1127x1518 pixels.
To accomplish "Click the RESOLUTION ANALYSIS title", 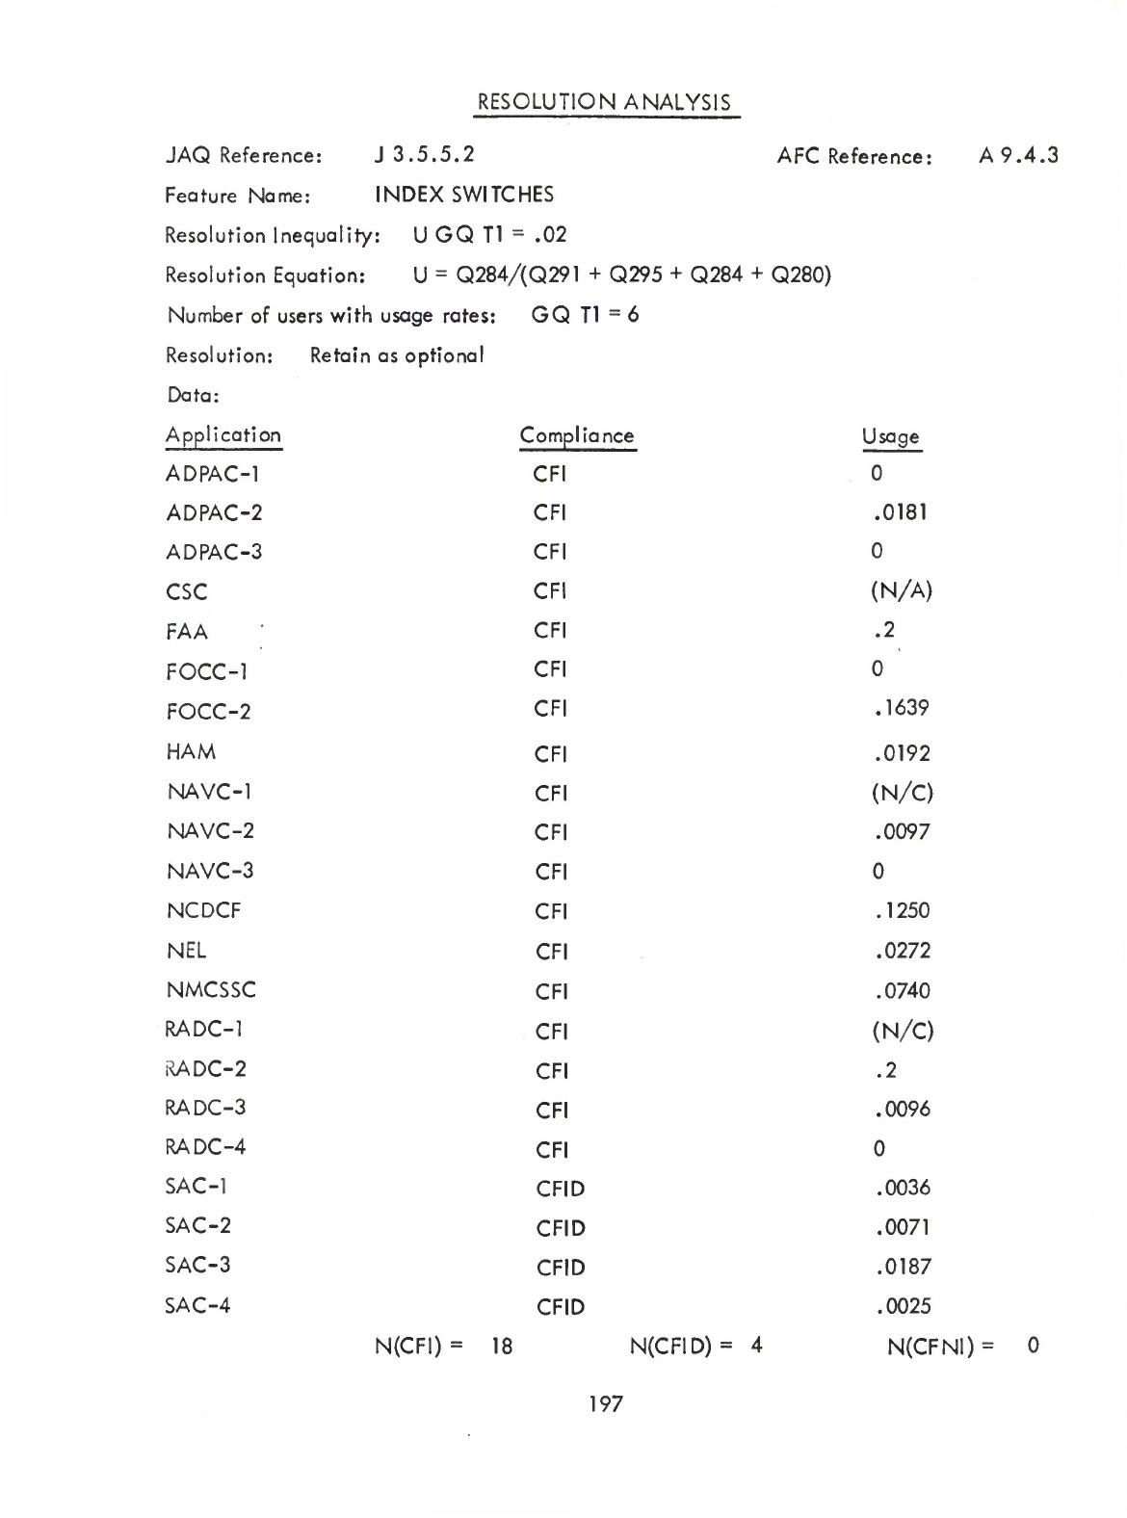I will coord(605,102).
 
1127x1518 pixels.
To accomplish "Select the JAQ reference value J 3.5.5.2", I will coord(425,154).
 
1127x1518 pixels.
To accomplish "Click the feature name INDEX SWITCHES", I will coord(464,195).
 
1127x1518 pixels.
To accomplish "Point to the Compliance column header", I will coord(577,435).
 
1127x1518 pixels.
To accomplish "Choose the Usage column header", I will coord(891,437).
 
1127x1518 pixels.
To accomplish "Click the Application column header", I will coord(223,434).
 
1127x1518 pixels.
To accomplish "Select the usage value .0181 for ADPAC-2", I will coord(900,512).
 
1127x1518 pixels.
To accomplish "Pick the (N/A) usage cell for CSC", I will coord(902,590).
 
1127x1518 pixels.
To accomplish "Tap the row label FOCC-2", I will coord(209,712).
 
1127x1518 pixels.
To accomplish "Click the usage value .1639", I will coord(902,708).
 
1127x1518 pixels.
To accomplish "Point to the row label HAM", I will coord(191,751).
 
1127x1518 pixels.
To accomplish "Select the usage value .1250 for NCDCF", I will coord(902,910).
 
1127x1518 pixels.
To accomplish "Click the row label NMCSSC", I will coord(211,989).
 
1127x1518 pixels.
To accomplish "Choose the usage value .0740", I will coord(903,990).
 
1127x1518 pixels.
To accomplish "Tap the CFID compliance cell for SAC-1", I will coord(561,1189).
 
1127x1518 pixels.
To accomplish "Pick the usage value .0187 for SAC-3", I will coord(903,1267).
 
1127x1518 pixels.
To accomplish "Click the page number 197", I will coord(606,1404).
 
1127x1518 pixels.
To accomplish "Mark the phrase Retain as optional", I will coord(397,355).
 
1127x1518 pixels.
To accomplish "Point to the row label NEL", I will coord(186,951).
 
